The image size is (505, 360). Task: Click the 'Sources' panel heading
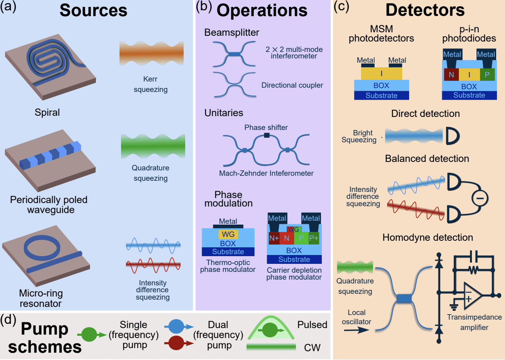tap(93, 10)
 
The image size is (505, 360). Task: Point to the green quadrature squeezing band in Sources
tap(153, 147)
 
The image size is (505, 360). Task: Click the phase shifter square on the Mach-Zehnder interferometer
tap(266, 135)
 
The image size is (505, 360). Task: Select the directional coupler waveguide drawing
tap(235, 85)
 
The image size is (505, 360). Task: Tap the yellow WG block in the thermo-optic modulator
tap(228, 234)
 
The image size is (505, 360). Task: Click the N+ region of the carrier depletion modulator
tap(274, 238)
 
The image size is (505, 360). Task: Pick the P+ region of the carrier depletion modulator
tap(314, 238)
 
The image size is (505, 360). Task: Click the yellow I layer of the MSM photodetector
tap(381, 73)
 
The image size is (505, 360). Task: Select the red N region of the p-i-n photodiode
tap(451, 75)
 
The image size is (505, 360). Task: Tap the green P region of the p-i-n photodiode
tap(487, 75)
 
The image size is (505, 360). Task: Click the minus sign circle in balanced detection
tap(480, 198)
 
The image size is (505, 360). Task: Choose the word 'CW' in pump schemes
tap(312, 348)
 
